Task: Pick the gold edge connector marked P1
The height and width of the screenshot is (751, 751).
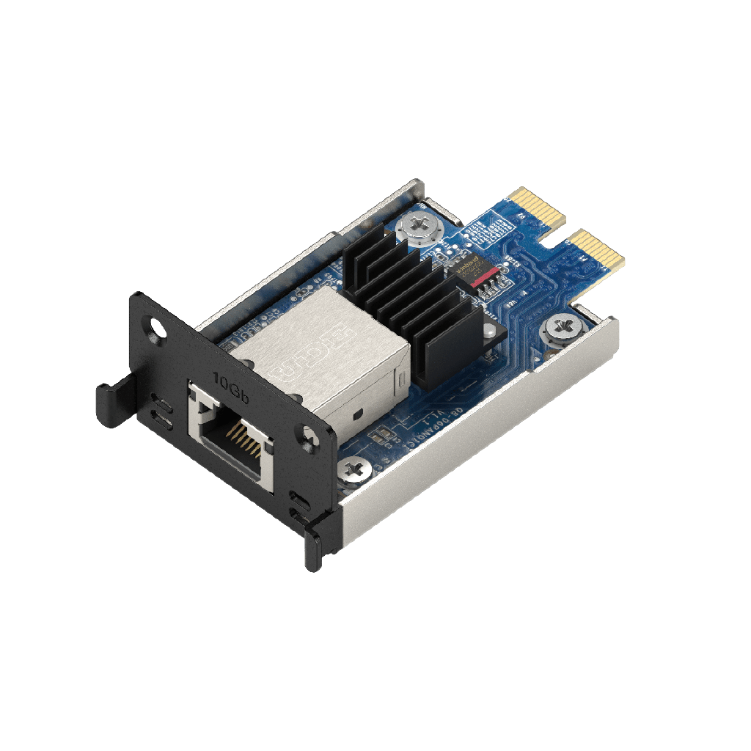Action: tap(598, 249)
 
